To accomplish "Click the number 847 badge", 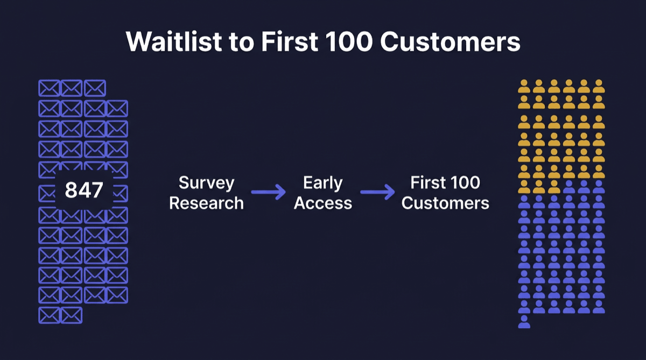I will click(84, 190).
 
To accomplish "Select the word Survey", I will click(207, 183).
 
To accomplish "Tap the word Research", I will click(207, 203).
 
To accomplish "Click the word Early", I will click(323, 183).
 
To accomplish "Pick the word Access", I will click(323, 203).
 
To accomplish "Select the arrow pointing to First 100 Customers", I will click(377, 192).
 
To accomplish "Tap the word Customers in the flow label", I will click(445, 203).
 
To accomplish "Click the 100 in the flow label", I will click(464, 183).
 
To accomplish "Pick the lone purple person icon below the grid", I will click(524, 322).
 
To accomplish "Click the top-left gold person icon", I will click(524, 87).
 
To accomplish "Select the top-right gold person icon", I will click(599, 87).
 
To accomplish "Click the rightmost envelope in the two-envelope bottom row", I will click(72, 315).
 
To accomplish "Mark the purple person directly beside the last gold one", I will click(568, 187).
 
